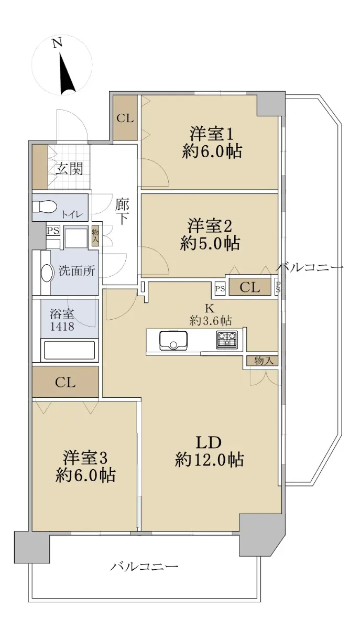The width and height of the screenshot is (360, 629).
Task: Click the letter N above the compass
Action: point(57,43)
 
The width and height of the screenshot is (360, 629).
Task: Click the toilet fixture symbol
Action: point(44,207)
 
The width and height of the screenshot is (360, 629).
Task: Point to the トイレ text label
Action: point(72,214)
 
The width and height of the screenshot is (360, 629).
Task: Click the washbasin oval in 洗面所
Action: point(47,273)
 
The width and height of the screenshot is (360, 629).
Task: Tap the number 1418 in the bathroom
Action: point(62,326)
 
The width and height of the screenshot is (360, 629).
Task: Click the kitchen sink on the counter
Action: point(173,340)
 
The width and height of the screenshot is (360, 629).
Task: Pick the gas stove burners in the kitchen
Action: point(226,340)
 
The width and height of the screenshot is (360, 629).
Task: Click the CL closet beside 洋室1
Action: point(125,118)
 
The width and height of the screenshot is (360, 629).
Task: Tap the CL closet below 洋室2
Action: point(250,287)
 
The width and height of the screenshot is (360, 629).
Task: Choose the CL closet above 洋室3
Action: point(65,382)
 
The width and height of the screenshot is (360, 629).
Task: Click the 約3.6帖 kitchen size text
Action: point(211,320)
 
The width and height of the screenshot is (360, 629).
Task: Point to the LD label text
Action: point(209,442)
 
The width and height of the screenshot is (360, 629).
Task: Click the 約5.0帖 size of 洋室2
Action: point(210,243)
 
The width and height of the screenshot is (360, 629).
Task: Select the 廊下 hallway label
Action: point(122,211)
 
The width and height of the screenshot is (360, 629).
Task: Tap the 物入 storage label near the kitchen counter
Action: point(264,361)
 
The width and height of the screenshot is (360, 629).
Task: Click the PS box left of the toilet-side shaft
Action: point(53,231)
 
